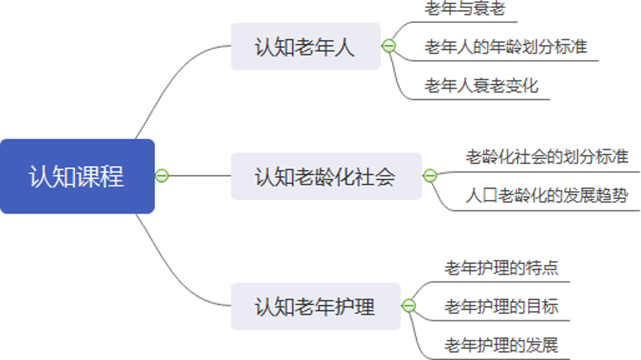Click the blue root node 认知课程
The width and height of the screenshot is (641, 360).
pyautogui.click(x=77, y=177)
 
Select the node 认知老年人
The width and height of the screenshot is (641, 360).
pyautogui.click(x=306, y=47)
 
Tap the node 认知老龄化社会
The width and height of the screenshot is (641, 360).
pyautogui.click(x=326, y=177)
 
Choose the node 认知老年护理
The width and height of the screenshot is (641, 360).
pyautogui.click(x=315, y=306)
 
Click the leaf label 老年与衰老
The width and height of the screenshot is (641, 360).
pyautogui.click(x=465, y=9)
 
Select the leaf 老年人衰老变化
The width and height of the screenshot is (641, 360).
pyautogui.click(x=481, y=85)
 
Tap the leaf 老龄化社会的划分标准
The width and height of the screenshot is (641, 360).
pyautogui.click(x=547, y=156)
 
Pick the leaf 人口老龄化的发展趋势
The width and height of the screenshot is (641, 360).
pyautogui.click(x=547, y=195)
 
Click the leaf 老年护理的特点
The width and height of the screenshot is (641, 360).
pyautogui.click(x=501, y=268)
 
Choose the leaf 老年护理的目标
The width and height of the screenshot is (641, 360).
pyautogui.click(x=501, y=306)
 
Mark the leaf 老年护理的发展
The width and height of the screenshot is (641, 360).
pyautogui.click(x=501, y=345)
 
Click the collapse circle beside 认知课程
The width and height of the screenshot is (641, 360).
pyautogui.click(x=162, y=176)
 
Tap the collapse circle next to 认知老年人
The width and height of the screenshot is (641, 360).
pyautogui.click(x=389, y=46)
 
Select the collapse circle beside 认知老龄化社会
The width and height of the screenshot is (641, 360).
pyautogui.click(x=430, y=176)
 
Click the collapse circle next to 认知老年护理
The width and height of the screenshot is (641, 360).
pyautogui.click(x=409, y=306)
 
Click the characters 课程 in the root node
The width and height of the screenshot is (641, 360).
pyautogui.click(x=100, y=177)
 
